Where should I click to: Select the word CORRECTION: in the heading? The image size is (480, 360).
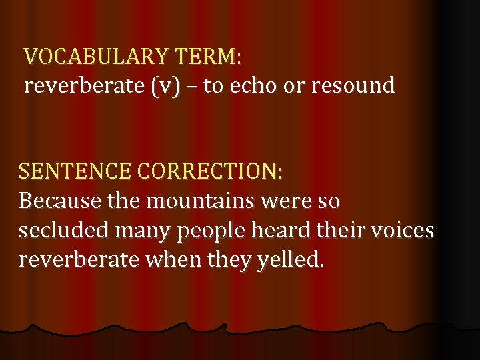pyautogui.click(x=211, y=171)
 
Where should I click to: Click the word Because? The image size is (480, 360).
pyautogui.click(x=60, y=200)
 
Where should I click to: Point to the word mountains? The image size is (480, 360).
pyautogui.click(x=197, y=200)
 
